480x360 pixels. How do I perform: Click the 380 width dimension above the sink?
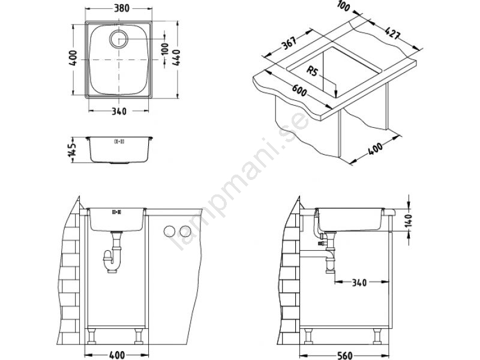click(122, 8)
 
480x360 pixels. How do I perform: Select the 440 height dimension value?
click(176, 57)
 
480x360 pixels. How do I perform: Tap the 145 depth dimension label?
click(73, 151)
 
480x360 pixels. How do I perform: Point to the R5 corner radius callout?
click(313, 71)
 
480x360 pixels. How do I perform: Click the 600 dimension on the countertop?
click(299, 90)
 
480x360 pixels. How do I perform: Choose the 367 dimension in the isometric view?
click(289, 43)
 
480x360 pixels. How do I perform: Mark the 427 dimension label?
click(392, 33)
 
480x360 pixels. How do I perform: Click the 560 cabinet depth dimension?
click(344, 355)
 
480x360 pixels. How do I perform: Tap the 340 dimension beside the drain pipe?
click(359, 282)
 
